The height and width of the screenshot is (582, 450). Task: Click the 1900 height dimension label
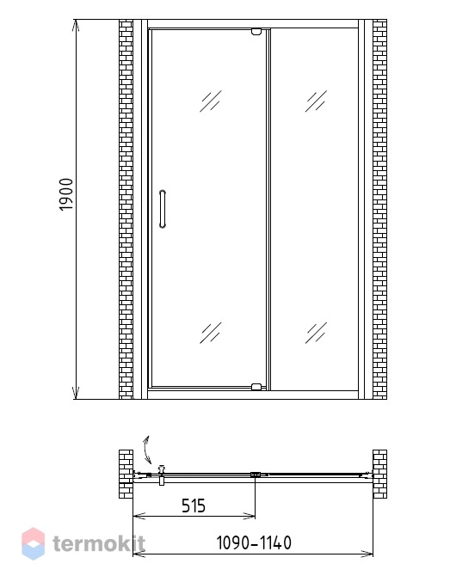click(66, 194)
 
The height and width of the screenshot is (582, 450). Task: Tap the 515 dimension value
click(194, 505)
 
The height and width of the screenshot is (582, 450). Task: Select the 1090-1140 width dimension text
click(254, 542)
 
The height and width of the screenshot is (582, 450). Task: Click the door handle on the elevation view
click(163, 209)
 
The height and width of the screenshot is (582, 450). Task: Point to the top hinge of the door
click(256, 31)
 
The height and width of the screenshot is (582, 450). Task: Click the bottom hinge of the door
click(256, 387)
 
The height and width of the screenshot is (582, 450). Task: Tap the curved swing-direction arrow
click(147, 450)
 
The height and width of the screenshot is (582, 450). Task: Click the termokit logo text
click(99, 544)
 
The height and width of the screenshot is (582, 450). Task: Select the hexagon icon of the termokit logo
click(33, 544)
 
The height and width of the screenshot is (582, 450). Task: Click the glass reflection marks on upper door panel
click(211, 101)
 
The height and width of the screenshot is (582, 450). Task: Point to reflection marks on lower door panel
click(211, 333)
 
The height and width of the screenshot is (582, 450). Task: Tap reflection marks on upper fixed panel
click(317, 101)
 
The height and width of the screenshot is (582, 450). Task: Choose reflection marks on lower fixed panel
click(317, 333)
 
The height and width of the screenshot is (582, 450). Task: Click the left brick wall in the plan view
click(126, 474)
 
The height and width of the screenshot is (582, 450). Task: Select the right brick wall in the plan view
click(379, 474)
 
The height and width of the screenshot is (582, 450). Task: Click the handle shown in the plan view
click(162, 475)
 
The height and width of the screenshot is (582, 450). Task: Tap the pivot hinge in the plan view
click(256, 475)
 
